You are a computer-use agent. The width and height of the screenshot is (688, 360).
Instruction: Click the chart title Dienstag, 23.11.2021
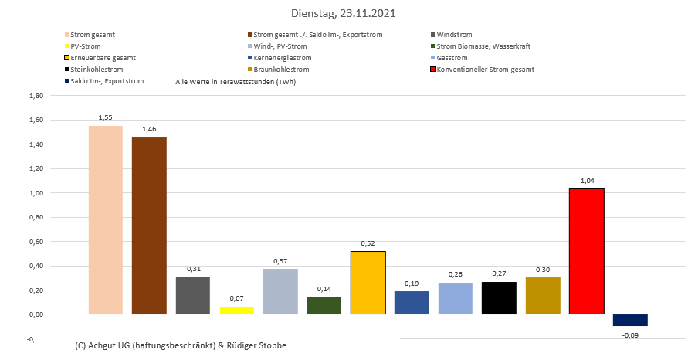click(344, 13)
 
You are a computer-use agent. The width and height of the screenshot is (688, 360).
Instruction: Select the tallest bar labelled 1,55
click(106, 220)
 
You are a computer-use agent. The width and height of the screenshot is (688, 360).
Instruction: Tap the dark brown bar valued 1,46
click(149, 226)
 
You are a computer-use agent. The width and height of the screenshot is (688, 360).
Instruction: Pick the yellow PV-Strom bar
click(236, 311)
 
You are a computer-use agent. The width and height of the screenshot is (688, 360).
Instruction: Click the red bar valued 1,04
click(587, 252)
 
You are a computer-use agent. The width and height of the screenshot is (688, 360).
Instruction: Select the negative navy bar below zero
click(630, 320)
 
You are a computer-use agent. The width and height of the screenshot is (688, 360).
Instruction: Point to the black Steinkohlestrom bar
click(499, 298)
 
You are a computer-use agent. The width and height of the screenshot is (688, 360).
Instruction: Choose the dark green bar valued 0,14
click(324, 306)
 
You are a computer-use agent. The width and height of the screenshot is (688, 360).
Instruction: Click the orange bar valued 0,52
click(368, 283)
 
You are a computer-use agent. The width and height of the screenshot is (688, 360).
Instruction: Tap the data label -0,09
click(630, 335)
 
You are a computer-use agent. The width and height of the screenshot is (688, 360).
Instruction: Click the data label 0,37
click(280, 260)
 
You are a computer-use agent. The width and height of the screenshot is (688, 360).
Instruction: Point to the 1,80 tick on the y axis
click(35, 96)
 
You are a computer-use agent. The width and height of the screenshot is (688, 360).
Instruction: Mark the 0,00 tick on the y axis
click(35, 314)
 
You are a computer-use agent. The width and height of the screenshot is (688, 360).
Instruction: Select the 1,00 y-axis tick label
click(35, 193)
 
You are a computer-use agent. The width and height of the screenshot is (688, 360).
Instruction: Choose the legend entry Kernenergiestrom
click(283, 58)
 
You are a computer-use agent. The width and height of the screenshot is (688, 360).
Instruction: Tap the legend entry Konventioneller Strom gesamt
click(485, 70)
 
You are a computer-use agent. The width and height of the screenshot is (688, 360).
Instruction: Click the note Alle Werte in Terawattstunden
click(236, 81)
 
